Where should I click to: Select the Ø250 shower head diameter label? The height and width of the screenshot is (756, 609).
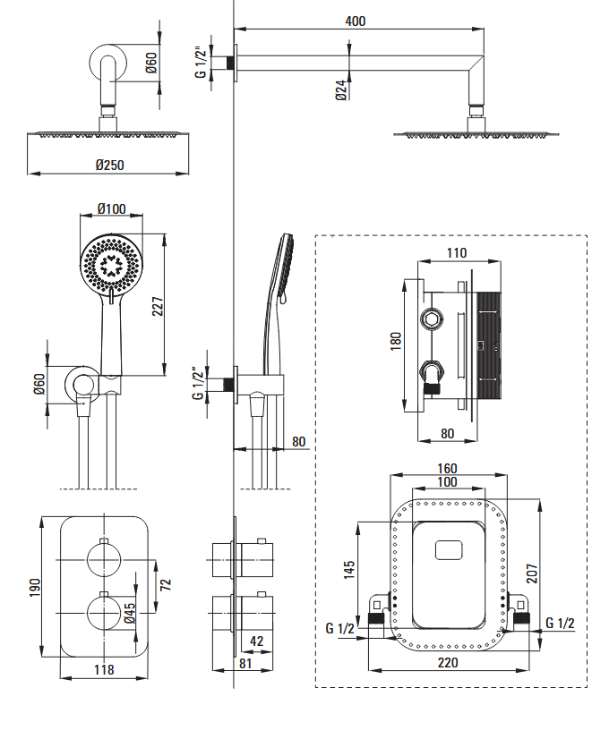point(109,164)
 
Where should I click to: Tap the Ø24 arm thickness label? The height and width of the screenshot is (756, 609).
point(341,90)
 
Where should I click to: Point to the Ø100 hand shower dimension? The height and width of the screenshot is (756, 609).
point(111,209)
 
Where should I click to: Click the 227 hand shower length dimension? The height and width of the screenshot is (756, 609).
point(158,307)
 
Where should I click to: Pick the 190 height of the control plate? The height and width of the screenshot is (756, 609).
point(33,588)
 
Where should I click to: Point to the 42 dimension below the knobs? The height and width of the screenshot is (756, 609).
point(256,640)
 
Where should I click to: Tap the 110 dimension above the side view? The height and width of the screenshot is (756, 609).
point(456,253)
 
